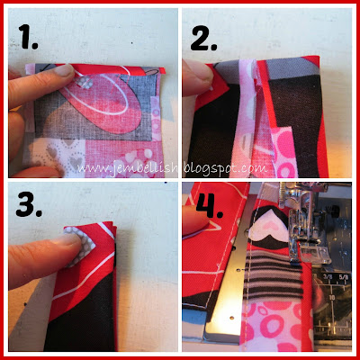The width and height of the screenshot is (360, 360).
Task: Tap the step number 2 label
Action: pos(203,39)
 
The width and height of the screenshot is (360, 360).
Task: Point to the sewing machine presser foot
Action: pos(303,228)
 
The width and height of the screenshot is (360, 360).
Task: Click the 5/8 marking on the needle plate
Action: pos(344,277)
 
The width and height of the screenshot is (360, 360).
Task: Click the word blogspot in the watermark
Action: pos(210,169)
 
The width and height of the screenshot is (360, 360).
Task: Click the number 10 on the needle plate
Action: pos(332,298)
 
